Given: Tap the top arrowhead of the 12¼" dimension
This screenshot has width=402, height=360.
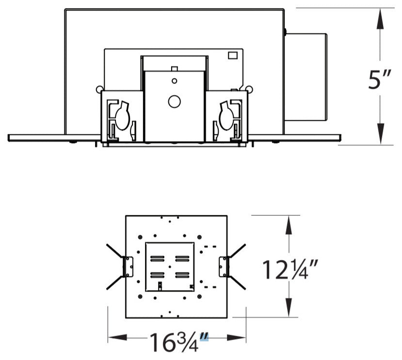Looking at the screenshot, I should tap(289, 223).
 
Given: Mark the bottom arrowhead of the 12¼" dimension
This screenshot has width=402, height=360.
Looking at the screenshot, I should tap(289, 310).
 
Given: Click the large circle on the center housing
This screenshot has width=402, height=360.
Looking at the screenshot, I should tap(174, 101).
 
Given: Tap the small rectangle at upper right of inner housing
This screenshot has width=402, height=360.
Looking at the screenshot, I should tap(232, 55).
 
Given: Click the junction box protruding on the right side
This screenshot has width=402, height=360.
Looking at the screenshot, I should tap(306, 77).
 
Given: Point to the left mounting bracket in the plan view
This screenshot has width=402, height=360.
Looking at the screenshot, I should tap(128, 267).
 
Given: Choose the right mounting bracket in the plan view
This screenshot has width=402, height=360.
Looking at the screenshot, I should tap(224, 267).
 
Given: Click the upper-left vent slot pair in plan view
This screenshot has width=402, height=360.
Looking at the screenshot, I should tap(157, 258).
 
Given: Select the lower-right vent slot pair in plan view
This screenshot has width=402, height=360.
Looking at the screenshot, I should tap(182, 275).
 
